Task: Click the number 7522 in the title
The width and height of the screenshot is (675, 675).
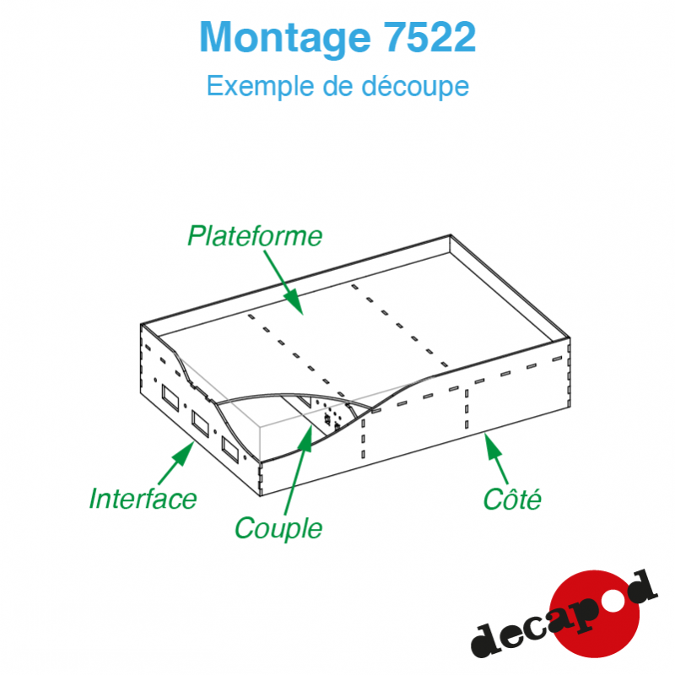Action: click(x=429, y=37)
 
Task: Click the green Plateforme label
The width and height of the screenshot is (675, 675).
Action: click(x=255, y=237)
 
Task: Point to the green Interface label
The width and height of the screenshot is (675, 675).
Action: click(x=143, y=499)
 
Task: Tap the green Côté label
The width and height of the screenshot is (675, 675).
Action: click(x=512, y=499)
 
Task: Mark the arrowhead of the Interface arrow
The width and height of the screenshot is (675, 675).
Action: click(x=185, y=452)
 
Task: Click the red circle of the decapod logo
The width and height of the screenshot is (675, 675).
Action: click(x=596, y=613)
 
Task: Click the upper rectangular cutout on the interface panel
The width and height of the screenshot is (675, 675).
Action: click(x=170, y=397)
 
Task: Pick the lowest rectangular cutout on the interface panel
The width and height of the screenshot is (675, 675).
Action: click(x=230, y=450)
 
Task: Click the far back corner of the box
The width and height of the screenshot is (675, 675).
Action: click(x=451, y=235)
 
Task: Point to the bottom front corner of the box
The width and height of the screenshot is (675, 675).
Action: click(x=261, y=496)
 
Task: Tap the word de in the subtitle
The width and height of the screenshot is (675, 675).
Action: click(x=338, y=86)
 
